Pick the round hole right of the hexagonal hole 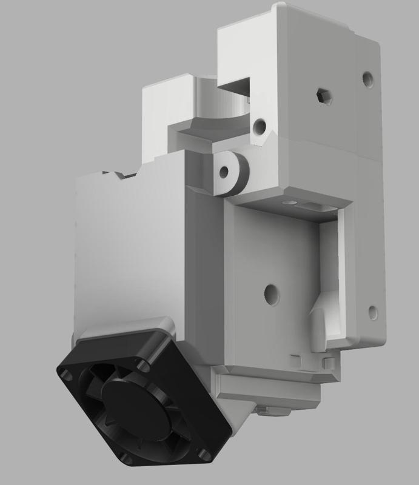[x=367, y=78]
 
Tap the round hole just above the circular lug [x=260, y=127]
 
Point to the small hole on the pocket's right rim [x=373, y=313]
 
